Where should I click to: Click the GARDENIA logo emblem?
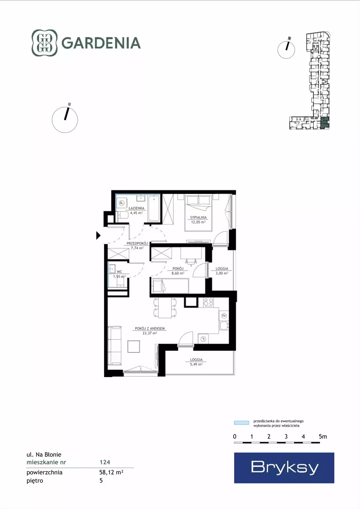45,43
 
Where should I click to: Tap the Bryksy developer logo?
284,468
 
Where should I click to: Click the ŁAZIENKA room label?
136,208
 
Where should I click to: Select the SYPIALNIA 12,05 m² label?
199,220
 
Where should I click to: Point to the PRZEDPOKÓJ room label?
137,243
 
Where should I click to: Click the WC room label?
120,272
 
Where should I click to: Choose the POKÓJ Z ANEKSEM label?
150,328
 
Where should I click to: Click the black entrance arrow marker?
98,235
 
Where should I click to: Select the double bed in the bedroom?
199,212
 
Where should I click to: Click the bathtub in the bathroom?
154,208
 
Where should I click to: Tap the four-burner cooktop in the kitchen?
208,302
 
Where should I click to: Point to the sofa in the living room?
115,345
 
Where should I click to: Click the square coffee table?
134,346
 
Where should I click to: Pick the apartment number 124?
105,462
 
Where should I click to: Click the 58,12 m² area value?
111,472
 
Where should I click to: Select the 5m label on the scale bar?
323,437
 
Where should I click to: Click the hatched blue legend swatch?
242,423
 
